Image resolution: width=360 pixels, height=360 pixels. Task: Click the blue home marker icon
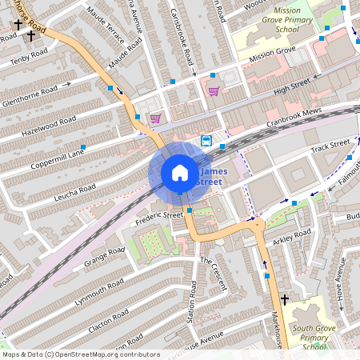click(180, 173)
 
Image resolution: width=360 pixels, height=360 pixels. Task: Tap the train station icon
click(206, 142)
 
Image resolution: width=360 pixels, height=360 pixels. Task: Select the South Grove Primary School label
click(308, 337)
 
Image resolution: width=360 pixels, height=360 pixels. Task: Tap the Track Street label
click(330, 146)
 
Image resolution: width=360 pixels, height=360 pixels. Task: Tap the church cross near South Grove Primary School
click(284, 298)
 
